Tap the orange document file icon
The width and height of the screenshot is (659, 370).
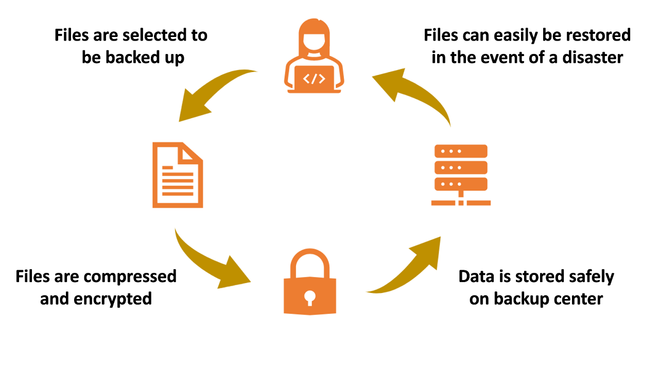(x=177, y=176)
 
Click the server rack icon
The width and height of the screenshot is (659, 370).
(x=461, y=175)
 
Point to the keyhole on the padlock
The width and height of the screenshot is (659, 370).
(x=310, y=297)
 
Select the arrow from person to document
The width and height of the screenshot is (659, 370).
(x=211, y=92)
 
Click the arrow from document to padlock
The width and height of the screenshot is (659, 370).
(x=211, y=262)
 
